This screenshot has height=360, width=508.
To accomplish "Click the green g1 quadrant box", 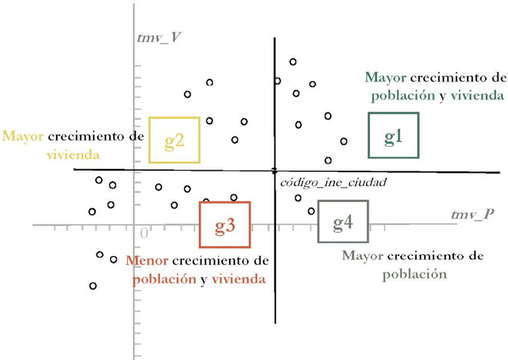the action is (394, 135).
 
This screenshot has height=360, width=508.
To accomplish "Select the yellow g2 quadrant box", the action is (174, 140).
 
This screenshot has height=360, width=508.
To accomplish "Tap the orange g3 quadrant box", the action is (224, 225).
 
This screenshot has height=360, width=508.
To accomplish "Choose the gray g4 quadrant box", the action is (343, 222).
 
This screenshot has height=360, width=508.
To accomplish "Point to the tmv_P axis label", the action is (472, 215).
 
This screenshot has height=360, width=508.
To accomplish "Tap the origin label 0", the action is (144, 233).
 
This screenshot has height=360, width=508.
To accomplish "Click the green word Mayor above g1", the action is (385, 77).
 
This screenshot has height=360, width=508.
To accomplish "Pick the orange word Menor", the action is (147, 261).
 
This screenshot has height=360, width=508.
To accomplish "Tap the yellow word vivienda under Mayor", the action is (74, 156).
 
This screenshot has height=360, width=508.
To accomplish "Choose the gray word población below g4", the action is (414, 274).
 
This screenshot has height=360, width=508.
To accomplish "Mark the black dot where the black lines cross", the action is (275, 171).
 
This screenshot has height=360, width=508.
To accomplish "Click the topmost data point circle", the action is (293, 61).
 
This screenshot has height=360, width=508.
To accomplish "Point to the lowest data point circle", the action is (93, 286).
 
